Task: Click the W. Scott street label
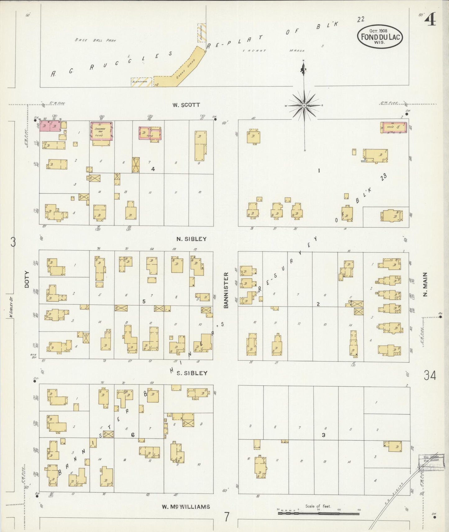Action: point(186,105)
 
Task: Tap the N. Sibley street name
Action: point(191,239)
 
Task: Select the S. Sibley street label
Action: point(192,373)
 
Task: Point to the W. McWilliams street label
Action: point(186,507)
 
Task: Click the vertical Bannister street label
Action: point(226,290)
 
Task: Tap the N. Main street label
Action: point(425,284)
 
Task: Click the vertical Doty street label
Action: point(27,279)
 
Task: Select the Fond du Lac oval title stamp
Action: point(380,37)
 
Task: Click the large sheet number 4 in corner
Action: point(431,20)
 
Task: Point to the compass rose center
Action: point(304,106)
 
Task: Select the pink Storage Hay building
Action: point(101,131)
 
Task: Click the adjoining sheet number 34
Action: point(430,376)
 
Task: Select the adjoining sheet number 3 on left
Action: point(13,242)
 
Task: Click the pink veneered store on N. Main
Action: point(394,127)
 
